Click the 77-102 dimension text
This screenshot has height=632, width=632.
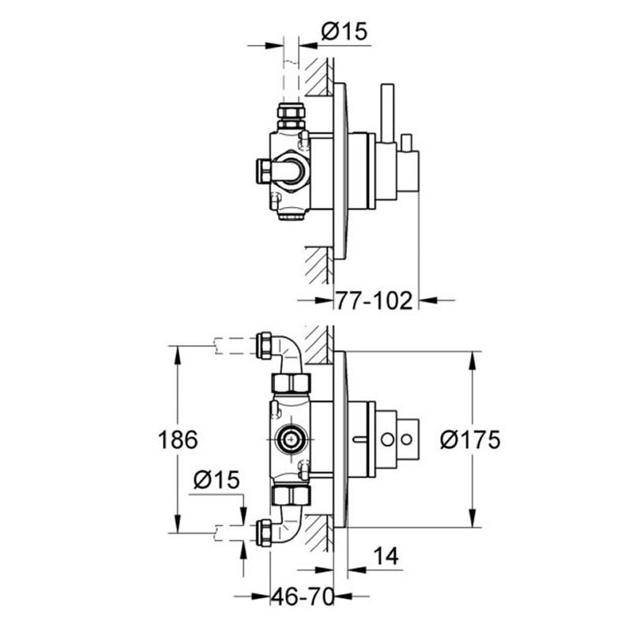coord(374,301)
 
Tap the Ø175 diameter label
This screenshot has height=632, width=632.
coord(471,440)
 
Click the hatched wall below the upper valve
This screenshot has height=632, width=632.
coord(319,264)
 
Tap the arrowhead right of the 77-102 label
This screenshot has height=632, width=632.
coord(424,300)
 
